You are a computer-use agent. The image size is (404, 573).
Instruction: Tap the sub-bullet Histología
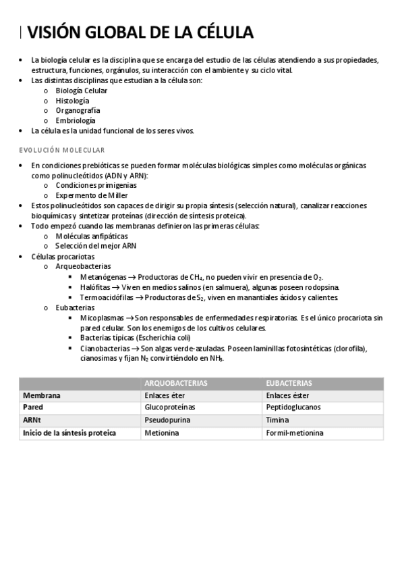pos(72,100)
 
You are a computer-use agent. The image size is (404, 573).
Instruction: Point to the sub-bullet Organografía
pos(78,110)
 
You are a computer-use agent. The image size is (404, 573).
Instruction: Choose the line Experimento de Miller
pos(82,195)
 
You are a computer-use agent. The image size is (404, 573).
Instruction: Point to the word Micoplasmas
pos(103,318)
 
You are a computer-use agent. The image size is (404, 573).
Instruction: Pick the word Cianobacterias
pos(105,348)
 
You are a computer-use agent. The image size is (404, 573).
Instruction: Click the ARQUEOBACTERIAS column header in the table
pos(176,383)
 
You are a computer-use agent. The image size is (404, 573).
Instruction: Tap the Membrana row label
pos(42,395)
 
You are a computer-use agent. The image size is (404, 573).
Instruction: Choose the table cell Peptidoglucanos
pos(293,407)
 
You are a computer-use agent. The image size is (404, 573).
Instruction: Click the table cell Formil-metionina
pos(295,432)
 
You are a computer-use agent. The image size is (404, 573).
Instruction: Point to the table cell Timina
pos(277,420)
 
